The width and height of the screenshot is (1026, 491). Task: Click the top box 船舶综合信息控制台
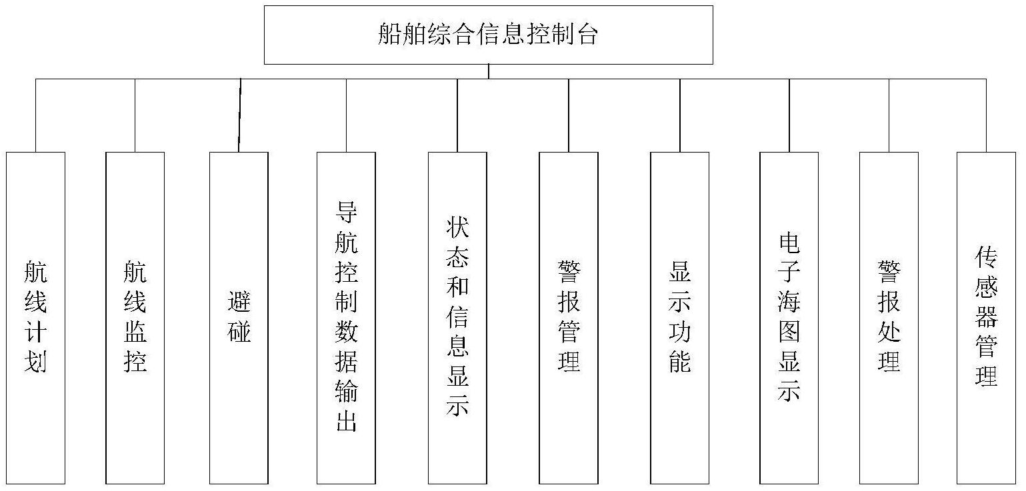(x=488, y=35)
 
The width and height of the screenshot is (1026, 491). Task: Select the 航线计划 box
(x=35, y=317)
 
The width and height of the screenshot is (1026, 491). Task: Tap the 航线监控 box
(x=135, y=317)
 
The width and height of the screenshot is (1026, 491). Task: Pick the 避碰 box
(x=239, y=317)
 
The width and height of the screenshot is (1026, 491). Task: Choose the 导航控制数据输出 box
(x=346, y=317)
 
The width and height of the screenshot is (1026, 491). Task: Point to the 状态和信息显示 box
(x=457, y=317)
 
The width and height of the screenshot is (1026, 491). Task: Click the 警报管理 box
(x=569, y=317)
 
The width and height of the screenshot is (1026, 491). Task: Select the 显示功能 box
(x=679, y=317)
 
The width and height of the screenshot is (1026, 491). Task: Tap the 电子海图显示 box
(x=789, y=317)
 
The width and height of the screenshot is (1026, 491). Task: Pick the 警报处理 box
(x=889, y=317)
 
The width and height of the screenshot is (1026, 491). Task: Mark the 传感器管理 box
(x=986, y=317)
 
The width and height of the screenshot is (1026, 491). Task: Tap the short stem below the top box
(x=489, y=71)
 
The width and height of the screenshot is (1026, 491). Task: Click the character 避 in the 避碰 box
(x=239, y=302)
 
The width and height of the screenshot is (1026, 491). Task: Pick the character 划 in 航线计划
(x=35, y=362)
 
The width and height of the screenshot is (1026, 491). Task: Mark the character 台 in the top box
(x=587, y=35)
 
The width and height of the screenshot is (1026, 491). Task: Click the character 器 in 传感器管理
(x=986, y=317)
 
